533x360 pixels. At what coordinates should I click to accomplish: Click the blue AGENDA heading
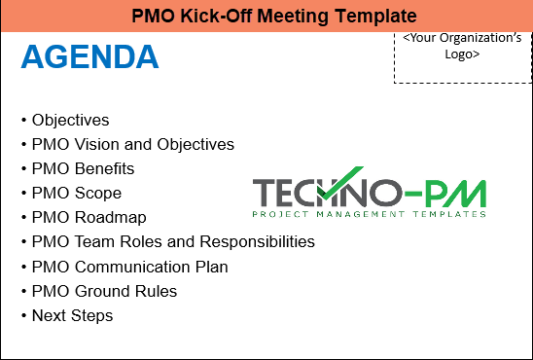click(x=89, y=57)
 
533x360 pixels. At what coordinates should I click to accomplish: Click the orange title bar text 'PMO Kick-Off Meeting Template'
click(x=266, y=16)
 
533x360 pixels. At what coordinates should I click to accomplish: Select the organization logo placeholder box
click(x=462, y=58)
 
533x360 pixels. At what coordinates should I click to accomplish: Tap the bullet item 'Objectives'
click(x=70, y=121)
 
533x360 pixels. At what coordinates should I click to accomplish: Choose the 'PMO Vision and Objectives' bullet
click(x=132, y=145)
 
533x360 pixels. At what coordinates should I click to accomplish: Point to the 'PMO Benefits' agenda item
click(x=83, y=169)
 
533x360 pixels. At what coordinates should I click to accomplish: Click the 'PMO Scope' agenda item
click(x=76, y=194)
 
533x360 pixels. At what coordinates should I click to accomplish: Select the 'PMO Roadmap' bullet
click(x=89, y=218)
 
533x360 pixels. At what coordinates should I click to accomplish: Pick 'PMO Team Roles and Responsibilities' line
click(x=172, y=242)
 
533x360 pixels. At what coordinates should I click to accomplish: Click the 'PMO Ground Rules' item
click(x=104, y=291)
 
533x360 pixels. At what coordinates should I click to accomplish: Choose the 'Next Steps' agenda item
click(x=72, y=315)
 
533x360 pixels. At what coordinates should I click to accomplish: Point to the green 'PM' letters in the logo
click(x=458, y=193)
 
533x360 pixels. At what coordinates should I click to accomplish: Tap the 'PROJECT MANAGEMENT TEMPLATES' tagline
click(x=369, y=214)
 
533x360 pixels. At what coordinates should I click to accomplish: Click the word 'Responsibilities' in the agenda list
click(x=260, y=242)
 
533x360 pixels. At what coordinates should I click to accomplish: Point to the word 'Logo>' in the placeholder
click(x=462, y=54)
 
